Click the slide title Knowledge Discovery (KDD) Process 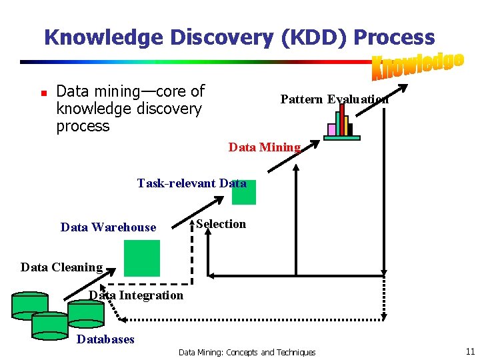(x=239, y=37)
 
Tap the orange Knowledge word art (x=417, y=65)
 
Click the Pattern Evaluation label (x=334, y=99)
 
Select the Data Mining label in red (x=265, y=147)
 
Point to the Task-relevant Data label (x=191, y=183)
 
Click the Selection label (x=221, y=224)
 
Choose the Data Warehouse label (x=108, y=227)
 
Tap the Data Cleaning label (x=61, y=267)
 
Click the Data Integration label (x=136, y=295)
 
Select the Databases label (x=105, y=339)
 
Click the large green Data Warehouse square (x=141, y=258)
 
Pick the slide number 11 (x=470, y=351)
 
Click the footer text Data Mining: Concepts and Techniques (x=247, y=352)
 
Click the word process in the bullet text (x=83, y=126)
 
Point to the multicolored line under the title (x=200, y=62)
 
